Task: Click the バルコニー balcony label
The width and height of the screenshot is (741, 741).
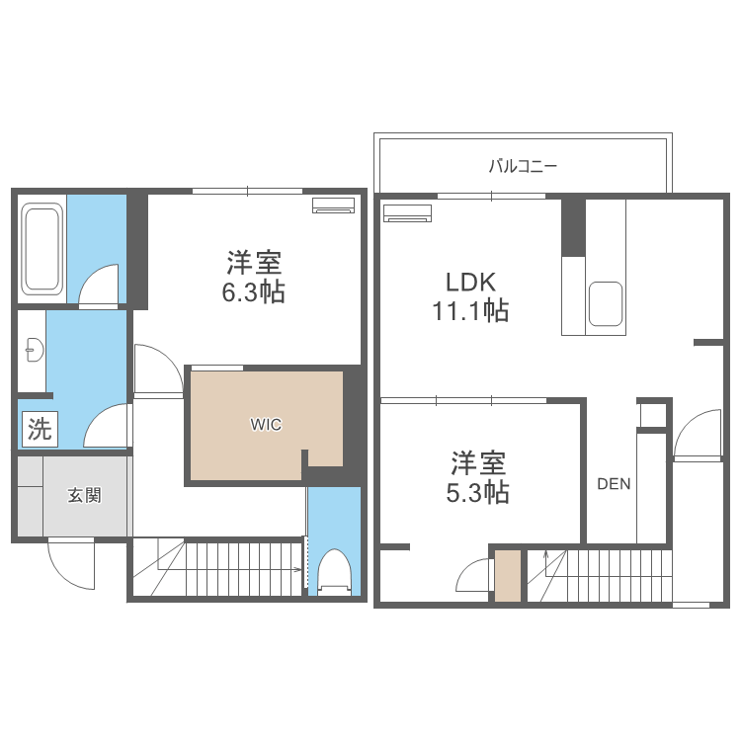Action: tap(523, 166)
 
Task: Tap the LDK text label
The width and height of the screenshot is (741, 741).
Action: tap(470, 283)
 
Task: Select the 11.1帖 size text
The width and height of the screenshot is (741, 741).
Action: tap(470, 311)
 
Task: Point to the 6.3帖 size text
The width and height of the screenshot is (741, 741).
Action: tap(254, 292)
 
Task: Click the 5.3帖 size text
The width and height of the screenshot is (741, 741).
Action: tap(478, 492)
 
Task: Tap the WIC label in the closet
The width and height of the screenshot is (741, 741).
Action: tap(266, 425)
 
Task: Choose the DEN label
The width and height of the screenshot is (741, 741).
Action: tap(614, 484)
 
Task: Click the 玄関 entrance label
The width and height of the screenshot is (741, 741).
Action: tap(84, 496)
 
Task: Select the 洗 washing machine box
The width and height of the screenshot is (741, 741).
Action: tap(40, 429)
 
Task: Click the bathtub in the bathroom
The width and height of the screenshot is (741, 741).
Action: tap(42, 249)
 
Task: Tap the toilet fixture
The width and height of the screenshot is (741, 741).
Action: tap(335, 571)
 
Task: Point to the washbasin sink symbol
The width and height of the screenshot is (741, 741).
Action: tap(35, 350)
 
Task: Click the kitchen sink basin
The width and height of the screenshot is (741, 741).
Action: tap(606, 304)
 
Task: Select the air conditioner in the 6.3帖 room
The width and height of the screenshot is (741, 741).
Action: tap(333, 206)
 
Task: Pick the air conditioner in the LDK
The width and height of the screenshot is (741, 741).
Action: tap(407, 213)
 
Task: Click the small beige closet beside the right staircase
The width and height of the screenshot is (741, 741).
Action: tap(508, 576)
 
